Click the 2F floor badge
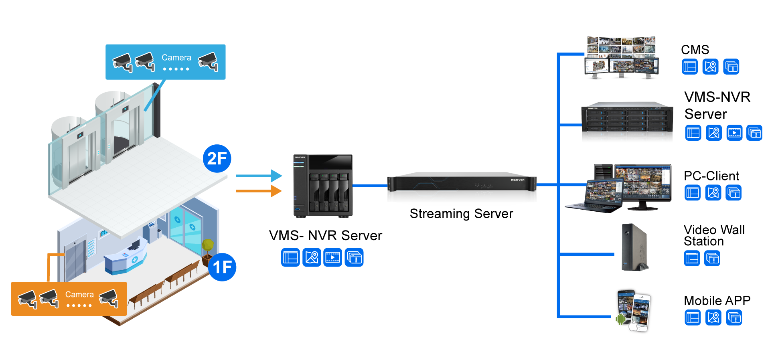[217, 158]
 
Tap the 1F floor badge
[222, 267]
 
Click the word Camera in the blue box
[176, 58]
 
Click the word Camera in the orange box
[79, 295]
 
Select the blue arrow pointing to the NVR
[259, 176]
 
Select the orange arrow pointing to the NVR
[259, 191]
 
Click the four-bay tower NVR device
[323, 186]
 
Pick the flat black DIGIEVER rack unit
[461, 188]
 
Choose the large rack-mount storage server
[627, 123]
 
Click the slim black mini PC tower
[634, 247]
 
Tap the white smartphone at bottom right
[640, 313]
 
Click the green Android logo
[620, 320]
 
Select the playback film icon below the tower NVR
[333, 257]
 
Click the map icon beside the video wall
[710, 67]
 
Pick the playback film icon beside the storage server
[734, 133]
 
